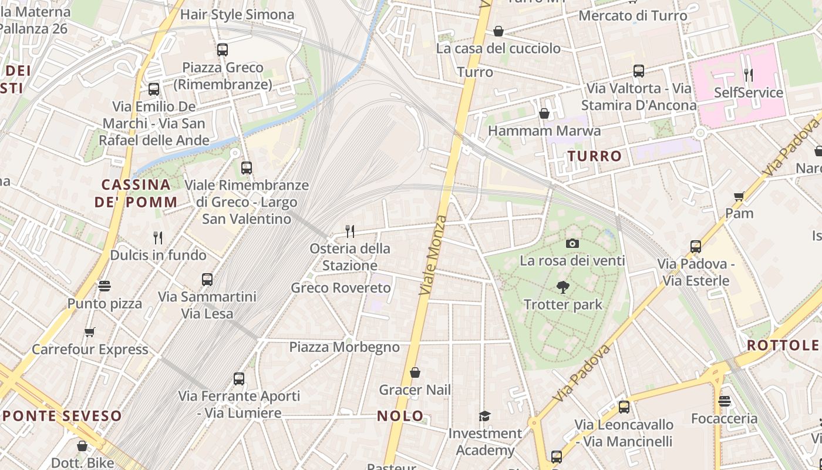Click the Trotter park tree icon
563,287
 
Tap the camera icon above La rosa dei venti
572,243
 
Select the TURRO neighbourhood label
594,156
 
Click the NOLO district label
400,416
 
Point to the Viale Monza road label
434,256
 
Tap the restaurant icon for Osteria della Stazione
350,231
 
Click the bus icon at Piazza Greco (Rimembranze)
223,50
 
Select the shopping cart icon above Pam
739,196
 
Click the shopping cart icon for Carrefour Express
90,333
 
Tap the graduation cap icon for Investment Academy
484,417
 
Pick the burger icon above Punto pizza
105,287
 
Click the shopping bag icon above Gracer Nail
415,372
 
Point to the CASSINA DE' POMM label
136,193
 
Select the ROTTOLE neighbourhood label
783,345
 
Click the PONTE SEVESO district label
62,417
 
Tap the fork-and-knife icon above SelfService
749,75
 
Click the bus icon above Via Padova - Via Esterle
696,247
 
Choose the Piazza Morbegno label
344,347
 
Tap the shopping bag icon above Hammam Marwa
544,113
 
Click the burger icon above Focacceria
725,401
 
